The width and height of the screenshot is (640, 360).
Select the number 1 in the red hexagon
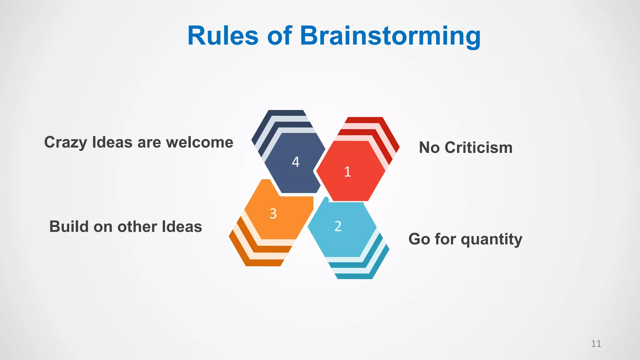347,172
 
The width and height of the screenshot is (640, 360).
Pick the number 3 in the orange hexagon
273,214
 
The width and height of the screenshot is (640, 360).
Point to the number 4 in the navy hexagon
296,162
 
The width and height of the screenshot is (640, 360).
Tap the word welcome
200,142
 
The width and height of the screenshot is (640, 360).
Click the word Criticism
478,147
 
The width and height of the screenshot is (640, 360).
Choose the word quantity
491,240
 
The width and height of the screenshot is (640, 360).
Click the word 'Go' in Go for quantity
419,239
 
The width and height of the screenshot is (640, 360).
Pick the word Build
69,227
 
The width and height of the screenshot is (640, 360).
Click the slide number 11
596,344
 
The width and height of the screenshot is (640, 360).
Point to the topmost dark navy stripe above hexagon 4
286,113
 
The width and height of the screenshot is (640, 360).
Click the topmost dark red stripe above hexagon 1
364,120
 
